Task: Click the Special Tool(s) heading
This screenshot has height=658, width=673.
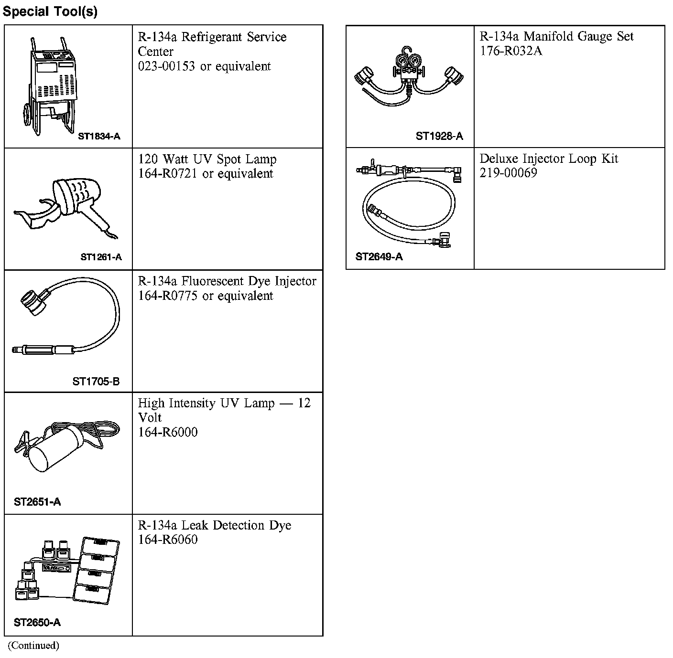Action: tap(50, 11)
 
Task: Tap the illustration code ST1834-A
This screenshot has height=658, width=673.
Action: tap(99, 136)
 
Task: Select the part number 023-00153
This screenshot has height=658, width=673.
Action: tap(166, 66)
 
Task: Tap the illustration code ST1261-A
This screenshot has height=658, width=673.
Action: tap(101, 257)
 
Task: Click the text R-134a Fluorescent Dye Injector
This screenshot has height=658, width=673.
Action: tap(227, 281)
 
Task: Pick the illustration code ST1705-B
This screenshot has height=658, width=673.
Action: tap(96, 382)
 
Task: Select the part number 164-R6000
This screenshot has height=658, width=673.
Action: tap(168, 432)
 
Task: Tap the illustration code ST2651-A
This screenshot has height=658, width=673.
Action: tap(37, 502)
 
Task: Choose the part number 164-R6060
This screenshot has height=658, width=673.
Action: tap(168, 540)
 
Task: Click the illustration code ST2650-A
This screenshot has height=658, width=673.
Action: tap(37, 622)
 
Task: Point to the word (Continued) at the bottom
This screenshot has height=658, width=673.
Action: tap(33, 645)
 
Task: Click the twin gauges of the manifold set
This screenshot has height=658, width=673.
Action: tap(409, 60)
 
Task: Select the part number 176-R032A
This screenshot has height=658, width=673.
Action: tap(510, 51)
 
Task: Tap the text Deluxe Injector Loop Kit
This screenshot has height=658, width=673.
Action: tap(549, 159)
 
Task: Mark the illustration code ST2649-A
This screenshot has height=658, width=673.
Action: tap(379, 257)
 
